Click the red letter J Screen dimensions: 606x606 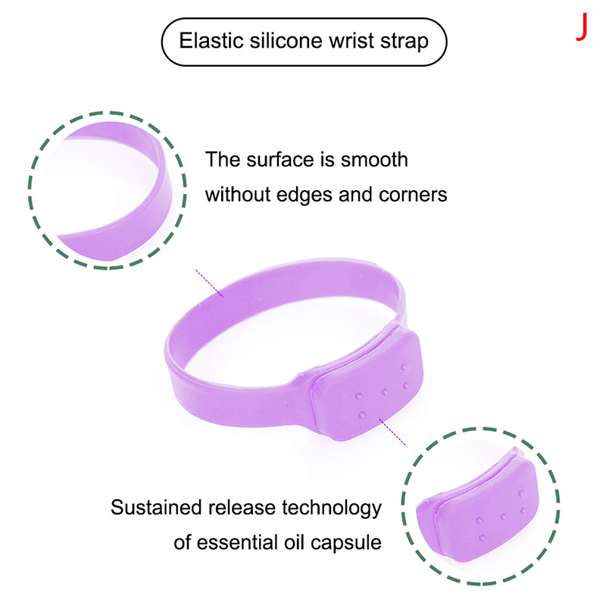point(582,27)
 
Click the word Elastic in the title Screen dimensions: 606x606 point(211,41)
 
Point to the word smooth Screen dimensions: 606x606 point(373,160)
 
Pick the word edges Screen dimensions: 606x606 point(305,195)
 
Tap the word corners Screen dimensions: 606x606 point(413,195)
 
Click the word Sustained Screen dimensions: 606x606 point(156,508)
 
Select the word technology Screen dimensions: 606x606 point(331,508)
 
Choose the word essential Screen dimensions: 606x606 point(238,542)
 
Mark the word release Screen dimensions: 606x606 point(241,508)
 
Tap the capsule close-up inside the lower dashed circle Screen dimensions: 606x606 point(479,508)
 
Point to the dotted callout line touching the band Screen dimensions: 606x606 point(209,283)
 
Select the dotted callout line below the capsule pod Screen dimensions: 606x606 point(392,433)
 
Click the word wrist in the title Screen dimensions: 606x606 point(351,41)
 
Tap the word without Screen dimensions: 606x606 point(238,195)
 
